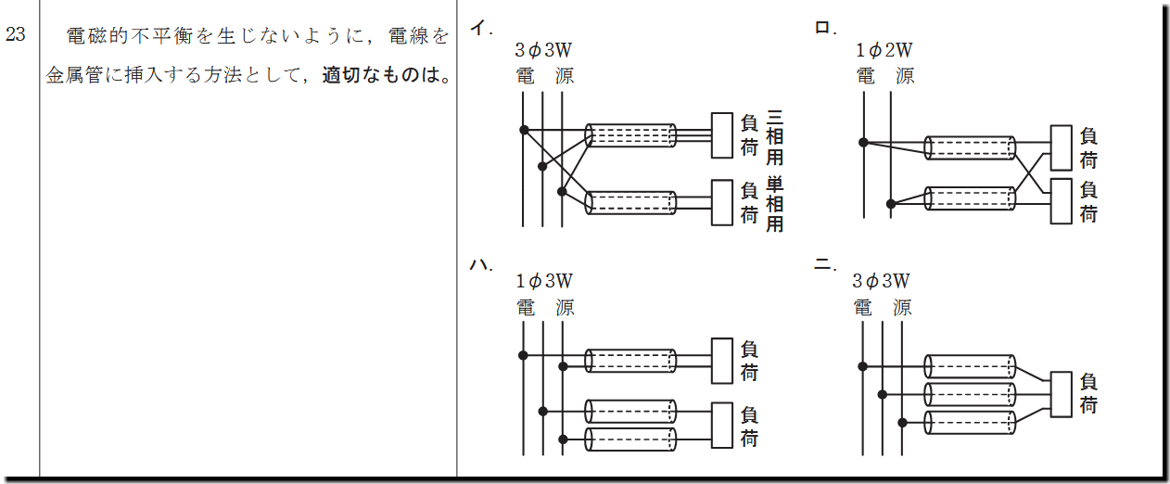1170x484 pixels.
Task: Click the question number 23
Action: tap(15, 34)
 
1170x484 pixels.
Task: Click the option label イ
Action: tap(480, 27)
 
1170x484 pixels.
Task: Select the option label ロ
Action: tap(825, 27)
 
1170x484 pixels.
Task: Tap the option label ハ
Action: tap(480, 264)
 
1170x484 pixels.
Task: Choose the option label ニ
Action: tap(825, 264)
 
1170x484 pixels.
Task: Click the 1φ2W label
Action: tap(884, 50)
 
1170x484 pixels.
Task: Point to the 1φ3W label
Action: tap(543, 281)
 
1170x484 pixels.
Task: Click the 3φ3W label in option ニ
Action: tap(881, 281)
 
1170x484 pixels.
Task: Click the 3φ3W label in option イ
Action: tap(543, 50)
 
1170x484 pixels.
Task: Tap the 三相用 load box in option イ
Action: tap(722, 135)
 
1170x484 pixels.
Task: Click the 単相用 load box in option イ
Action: tap(722, 202)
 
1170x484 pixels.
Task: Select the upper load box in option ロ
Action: tap(1061, 147)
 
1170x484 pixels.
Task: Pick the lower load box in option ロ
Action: tap(1061, 201)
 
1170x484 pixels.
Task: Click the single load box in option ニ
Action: tap(1061, 394)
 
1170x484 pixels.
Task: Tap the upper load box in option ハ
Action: tap(722, 361)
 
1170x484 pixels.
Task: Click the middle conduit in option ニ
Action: tap(970, 394)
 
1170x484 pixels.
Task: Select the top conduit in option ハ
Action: tap(630, 361)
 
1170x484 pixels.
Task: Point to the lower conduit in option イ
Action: tap(630, 202)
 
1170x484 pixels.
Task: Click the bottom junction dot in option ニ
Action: tap(902, 423)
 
